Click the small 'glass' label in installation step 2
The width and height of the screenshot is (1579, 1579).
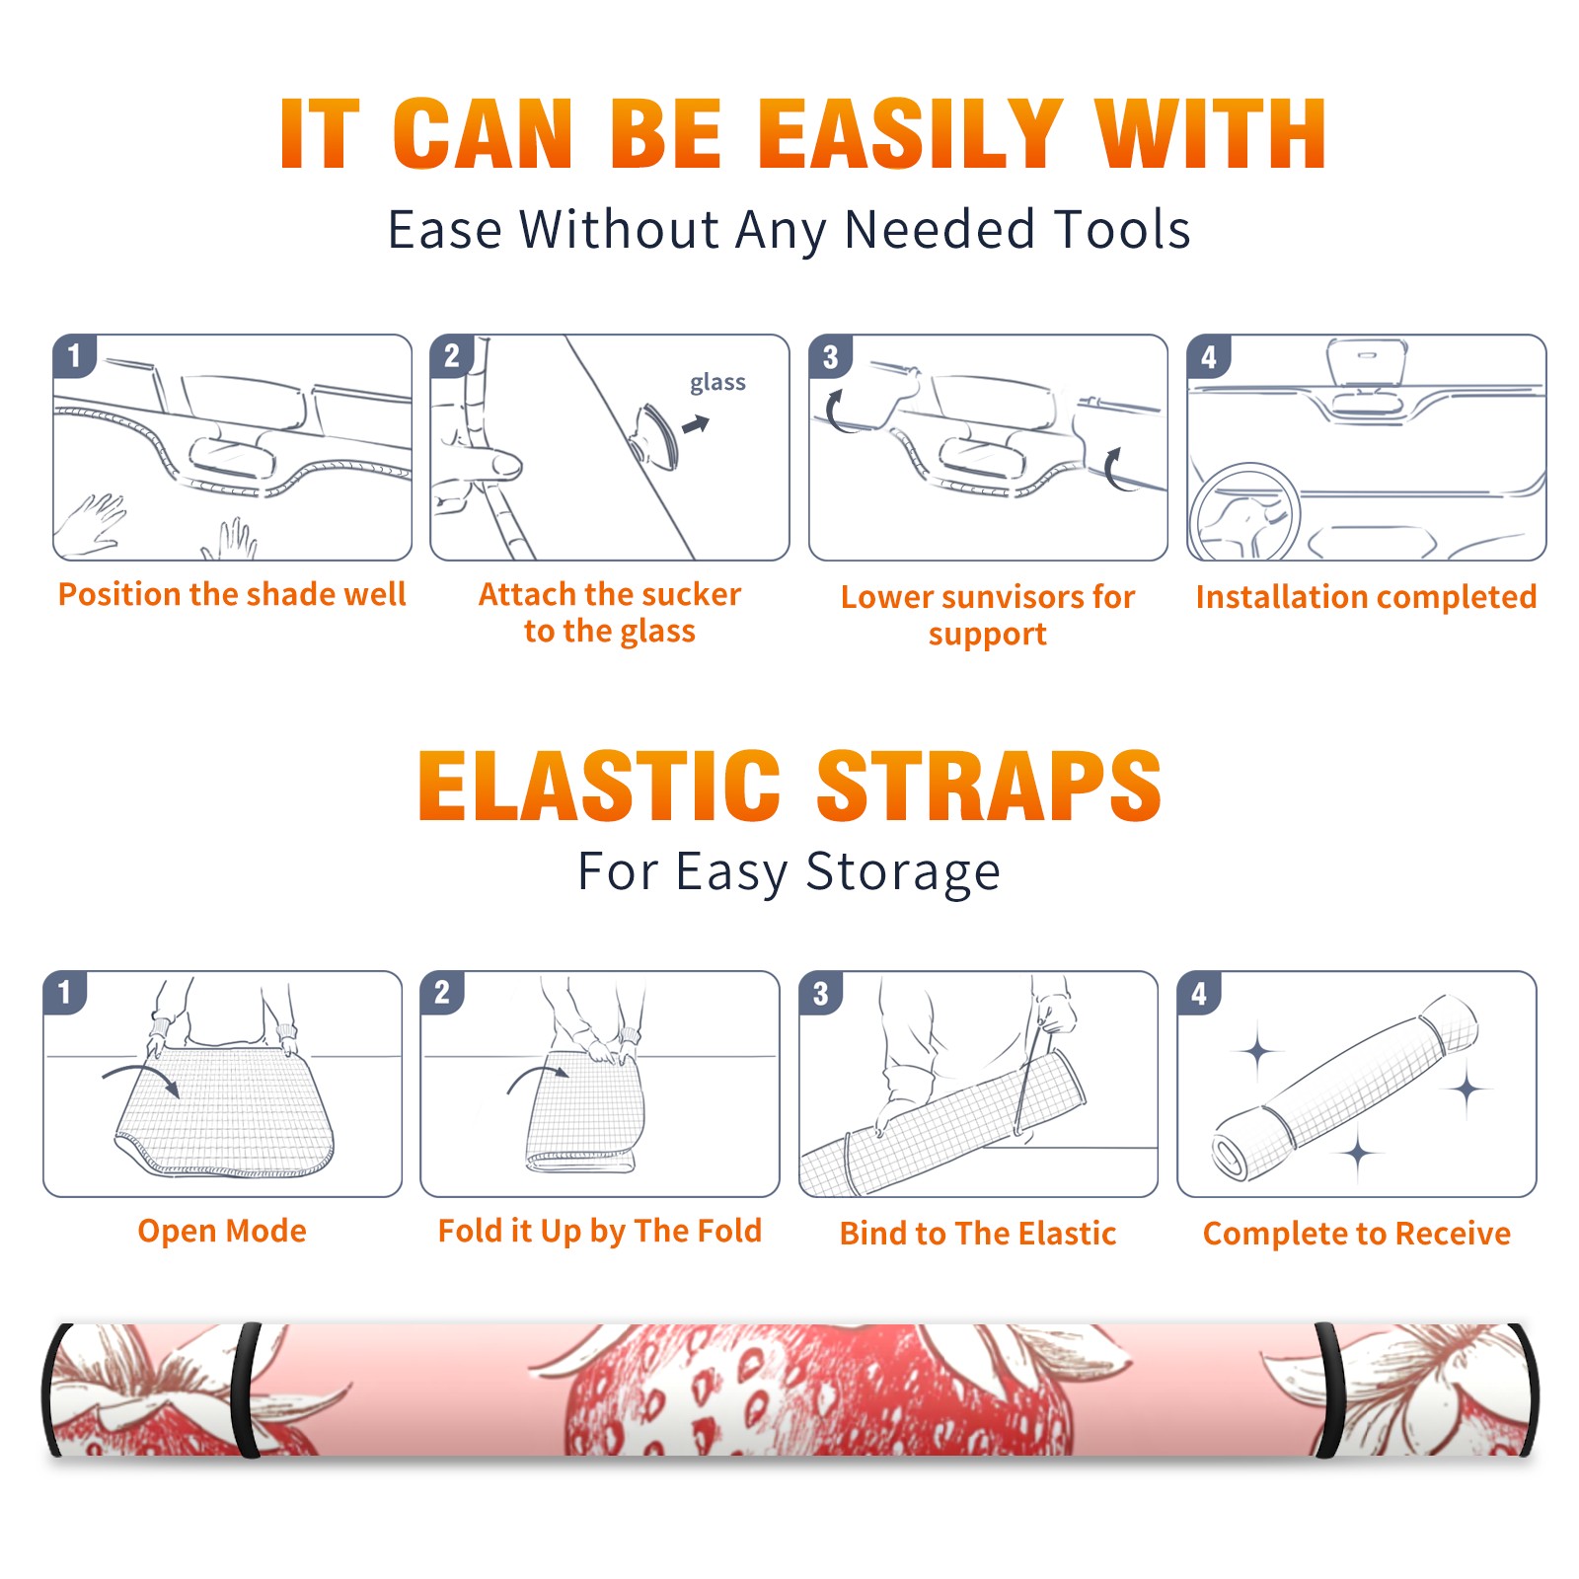(717, 383)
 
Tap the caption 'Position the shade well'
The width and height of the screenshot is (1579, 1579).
(232, 594)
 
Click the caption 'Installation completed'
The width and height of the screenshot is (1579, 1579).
(1366, 597)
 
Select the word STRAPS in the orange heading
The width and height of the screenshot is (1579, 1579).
(989, 786)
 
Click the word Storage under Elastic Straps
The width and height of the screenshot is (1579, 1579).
(903, 872)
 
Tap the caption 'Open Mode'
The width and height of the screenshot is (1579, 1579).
(222, 1231)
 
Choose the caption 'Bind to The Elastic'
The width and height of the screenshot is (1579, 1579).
(977, 1234)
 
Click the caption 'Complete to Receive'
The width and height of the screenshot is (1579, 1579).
(1357, 1234)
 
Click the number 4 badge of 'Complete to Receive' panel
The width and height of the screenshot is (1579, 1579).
(1199, 993)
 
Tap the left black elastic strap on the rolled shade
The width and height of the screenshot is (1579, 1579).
(248, 1390)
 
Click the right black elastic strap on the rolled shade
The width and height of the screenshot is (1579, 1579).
(1328, 1390)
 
